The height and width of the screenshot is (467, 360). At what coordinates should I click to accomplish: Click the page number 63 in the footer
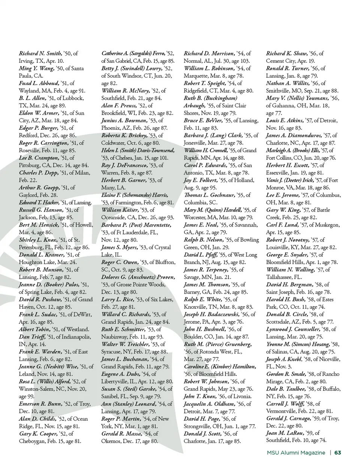337,452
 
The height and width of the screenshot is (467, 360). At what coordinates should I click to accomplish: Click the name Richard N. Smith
40,53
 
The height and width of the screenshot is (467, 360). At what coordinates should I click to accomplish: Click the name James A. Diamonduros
294,135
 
